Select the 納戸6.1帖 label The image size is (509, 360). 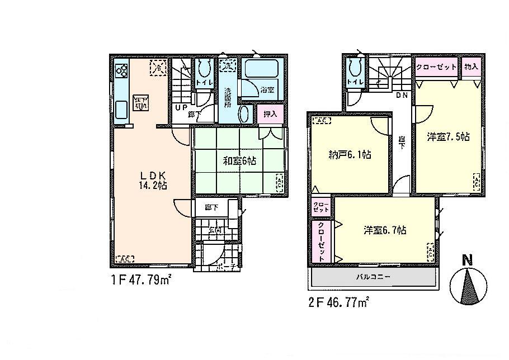click(348, 155)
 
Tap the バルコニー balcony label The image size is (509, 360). click(374, 277)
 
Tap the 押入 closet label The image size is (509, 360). click(271, 113)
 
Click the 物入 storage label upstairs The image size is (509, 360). click(471, 67)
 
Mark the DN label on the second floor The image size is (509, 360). click(402, 96)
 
